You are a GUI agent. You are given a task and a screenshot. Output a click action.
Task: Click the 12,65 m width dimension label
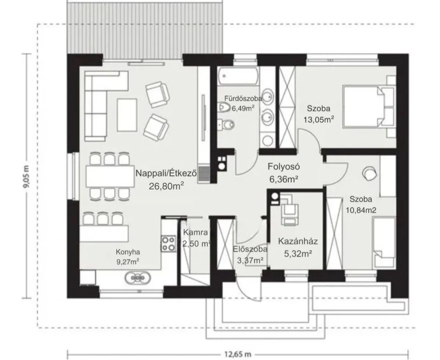238,354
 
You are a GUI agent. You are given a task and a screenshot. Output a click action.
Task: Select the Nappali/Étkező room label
166,173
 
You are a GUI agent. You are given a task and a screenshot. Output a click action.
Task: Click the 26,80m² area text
166,186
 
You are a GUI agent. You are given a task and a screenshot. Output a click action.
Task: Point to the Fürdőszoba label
243,98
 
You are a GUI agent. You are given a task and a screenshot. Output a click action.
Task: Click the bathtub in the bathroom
238,76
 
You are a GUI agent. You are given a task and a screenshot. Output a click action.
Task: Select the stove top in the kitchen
168,243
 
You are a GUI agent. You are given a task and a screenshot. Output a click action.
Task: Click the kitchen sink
138,278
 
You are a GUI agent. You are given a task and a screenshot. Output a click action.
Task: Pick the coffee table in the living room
127,115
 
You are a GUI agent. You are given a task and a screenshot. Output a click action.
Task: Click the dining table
110,177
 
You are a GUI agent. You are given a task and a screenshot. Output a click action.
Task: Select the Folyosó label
284,167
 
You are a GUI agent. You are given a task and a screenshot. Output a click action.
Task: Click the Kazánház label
298,241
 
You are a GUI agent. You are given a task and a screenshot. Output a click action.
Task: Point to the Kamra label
195,232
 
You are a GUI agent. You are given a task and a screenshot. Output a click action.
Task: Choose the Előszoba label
250,249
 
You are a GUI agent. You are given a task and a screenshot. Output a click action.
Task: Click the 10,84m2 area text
361,210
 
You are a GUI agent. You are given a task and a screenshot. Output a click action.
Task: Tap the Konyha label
128,252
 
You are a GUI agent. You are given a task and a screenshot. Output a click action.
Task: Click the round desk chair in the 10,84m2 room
370,173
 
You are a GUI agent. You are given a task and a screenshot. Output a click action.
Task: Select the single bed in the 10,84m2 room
384,243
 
